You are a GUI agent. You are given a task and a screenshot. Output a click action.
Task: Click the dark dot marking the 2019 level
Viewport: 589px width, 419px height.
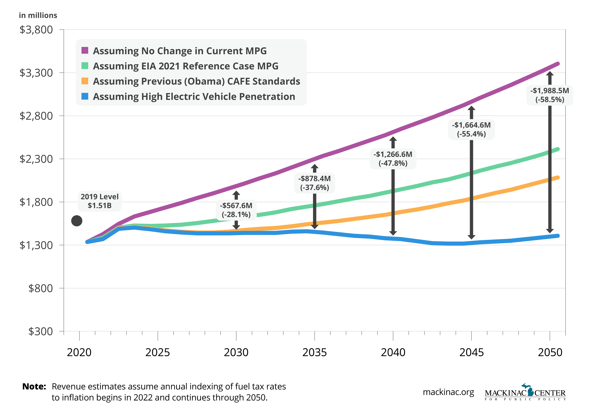(77, 221)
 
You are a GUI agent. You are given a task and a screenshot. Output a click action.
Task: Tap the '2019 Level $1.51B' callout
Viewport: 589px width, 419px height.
(99, 201)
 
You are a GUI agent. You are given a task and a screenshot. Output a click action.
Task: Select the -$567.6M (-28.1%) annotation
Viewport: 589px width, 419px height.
(236, 210)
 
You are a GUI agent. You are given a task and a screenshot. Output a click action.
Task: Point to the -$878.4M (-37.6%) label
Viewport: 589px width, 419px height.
(314, 183)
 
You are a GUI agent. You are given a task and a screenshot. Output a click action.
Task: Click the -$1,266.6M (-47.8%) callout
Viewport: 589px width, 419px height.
(393, 159)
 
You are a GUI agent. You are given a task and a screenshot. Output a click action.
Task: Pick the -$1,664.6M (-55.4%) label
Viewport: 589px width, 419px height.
(471, 130)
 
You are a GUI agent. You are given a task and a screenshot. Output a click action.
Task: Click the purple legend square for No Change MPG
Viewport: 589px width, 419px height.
(85, 50)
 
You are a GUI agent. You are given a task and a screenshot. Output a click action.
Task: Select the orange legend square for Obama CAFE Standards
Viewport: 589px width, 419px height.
(85, 81)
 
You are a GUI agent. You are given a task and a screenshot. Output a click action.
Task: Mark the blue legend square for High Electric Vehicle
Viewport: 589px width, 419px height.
(85, 96)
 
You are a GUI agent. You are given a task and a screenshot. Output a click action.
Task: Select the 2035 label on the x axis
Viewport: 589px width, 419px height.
(314, 352)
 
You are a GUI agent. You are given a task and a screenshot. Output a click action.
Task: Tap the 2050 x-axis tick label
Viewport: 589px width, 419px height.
(550, 352)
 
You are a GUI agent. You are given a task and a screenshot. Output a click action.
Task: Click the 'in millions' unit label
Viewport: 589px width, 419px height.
(38, 15)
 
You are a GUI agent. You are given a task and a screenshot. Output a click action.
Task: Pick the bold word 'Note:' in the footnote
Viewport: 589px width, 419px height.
(34, 386)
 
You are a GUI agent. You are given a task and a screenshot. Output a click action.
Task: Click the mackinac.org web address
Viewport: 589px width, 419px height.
(448, 392)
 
